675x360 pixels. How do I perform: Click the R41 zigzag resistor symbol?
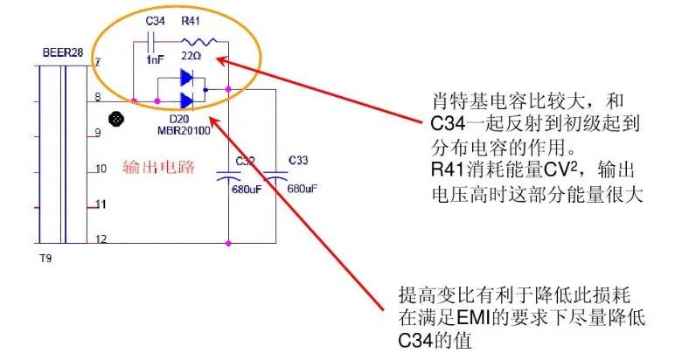pyautogui.click(x=194, y=40)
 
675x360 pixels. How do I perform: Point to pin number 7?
pyautogui.click(x=98, y=62)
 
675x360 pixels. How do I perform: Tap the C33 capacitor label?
pyautogui.click(x=297, y=161)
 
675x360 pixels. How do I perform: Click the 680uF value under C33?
pyautogui.click(x=301, y=189)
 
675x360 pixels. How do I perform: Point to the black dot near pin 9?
pyautogui.click(x=113, y=119)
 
